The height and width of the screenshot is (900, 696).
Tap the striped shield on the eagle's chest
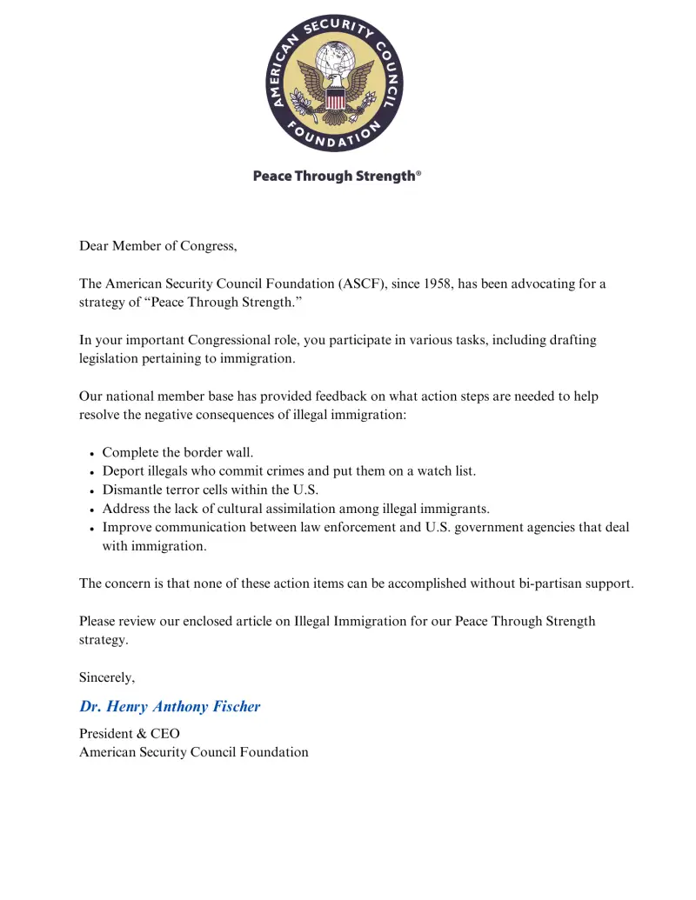click(x=335, y=98)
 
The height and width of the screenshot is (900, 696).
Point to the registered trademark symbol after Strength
click(x=418, y=173)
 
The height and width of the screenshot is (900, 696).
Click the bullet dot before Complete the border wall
click(x=92, y=453)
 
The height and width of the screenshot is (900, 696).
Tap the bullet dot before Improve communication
click(x=92, y=529)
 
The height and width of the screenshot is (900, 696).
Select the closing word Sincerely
click(x=107, y=677)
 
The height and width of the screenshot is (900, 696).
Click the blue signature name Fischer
click(x=233, y=706)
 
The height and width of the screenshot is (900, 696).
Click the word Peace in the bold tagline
click(x=272, y=176)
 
